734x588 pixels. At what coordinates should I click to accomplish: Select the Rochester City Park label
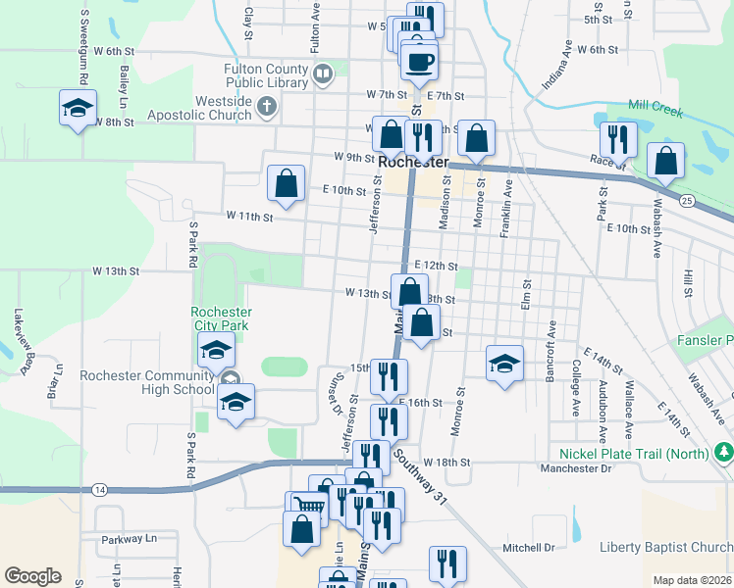click(x=220, y=318)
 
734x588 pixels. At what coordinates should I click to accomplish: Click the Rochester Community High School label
click(x=146, y=382)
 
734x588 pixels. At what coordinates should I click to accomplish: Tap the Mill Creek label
click(x=655, y=107)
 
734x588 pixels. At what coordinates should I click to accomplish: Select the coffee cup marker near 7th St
click(x=419, y=62)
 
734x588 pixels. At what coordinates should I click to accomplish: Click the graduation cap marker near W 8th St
click(x=78, y=108)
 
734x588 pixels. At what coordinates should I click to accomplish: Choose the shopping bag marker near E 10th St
click(x=286, y=183)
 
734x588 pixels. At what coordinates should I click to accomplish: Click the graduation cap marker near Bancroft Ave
click(x=504, y=362)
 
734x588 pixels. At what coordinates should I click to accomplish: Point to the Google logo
click(x=32, y=575)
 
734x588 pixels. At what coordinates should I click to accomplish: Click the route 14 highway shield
click(x=100, y=488)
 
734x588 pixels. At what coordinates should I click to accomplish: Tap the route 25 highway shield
click(x=687, y=201)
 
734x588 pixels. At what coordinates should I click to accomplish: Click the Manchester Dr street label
click(x=576, y=468)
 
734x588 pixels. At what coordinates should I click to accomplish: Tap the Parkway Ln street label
click(x=130, y=539)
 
